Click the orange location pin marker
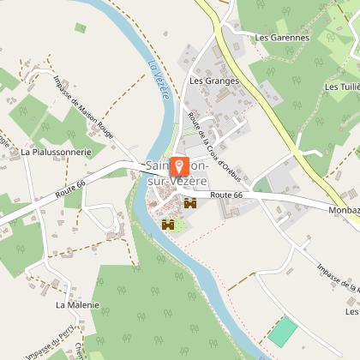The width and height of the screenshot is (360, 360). (x=181, y=167)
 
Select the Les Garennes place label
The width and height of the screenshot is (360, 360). (x=282, y=37)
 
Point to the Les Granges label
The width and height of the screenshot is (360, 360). (x=214, y=81)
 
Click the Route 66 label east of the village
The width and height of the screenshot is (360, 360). (x=226, y=195)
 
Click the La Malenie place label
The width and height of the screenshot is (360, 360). (x=77, y=304)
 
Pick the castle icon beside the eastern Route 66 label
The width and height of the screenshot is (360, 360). (x=189, y=204)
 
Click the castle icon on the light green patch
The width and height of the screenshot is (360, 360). (x=168, y=224)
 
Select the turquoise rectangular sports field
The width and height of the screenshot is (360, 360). (x=282, y=332)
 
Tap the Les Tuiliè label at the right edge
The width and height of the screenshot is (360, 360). (x=342, y=87)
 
